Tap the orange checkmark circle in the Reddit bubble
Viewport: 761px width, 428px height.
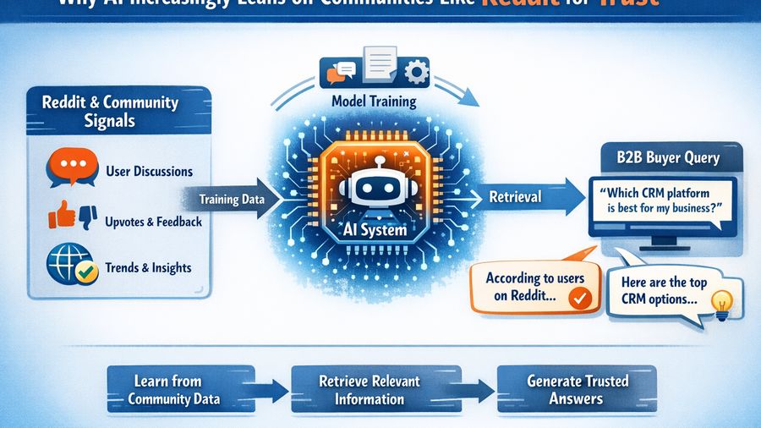[x=579, y=297]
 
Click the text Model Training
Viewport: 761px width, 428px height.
[x=374, y=102]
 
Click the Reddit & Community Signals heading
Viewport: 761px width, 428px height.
[x=110, y=111]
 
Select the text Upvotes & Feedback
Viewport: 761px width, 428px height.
[x=154, y=222]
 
